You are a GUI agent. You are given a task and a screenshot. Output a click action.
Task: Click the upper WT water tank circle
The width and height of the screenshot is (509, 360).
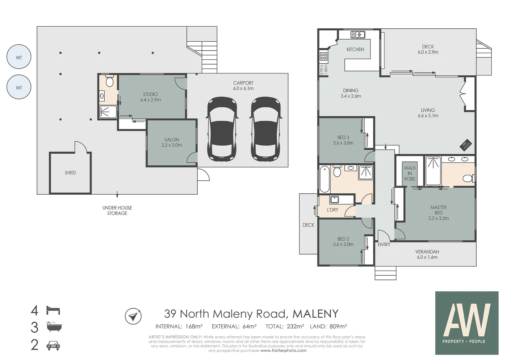pyautogui.click(x=19, y=57)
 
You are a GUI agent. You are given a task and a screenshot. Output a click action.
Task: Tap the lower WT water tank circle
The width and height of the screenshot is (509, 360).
pyautogui.click(x=19, y=87)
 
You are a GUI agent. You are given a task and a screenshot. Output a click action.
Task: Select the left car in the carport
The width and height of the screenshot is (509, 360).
pyautogui.click(x=222, y=128)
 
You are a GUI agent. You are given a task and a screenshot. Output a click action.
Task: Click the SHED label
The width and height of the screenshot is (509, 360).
pyautogui.click(x=70, y=173)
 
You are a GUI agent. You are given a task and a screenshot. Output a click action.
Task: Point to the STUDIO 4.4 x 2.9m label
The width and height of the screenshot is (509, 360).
pyautogui.click(x=150, y=97)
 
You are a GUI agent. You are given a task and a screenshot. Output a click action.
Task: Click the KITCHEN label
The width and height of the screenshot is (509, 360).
pyautogui.click(x=355, y=49)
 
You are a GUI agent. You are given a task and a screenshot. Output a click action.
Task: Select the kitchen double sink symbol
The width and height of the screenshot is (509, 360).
pyautogui.click(x=358, y=34)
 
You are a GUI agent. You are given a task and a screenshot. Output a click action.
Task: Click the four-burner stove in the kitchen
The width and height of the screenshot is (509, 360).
pyautogui.click(x=323, y=57)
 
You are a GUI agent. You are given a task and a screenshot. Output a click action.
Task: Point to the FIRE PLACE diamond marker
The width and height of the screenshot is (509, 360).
pyautogui.click(x=465, y=145)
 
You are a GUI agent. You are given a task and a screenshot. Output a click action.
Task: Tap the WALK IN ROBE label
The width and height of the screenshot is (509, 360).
pyautogui.click(x=410, y=173)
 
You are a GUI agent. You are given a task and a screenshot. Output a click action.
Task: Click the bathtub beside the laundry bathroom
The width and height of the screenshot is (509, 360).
pyautogui.click(x=324, y=179)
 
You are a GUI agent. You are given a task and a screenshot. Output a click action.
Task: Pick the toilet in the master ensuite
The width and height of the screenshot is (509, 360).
pyautogui.click(x=468, y=178)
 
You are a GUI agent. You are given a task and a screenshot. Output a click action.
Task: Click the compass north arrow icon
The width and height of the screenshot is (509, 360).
pyautogui.click(x=133, y=316)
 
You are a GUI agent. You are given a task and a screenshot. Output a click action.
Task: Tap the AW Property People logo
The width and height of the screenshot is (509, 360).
pyautogui.click(x=467, y=323)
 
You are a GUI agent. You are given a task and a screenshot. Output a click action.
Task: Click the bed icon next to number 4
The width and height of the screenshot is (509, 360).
pyautogui.click(x=53, y=310)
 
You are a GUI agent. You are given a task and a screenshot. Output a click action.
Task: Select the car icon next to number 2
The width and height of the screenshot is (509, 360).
pyautogui.click(x=53, y=346)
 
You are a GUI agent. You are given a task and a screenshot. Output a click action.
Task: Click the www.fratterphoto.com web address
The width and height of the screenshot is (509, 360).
pyautogui.click(x=283, y=350)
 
